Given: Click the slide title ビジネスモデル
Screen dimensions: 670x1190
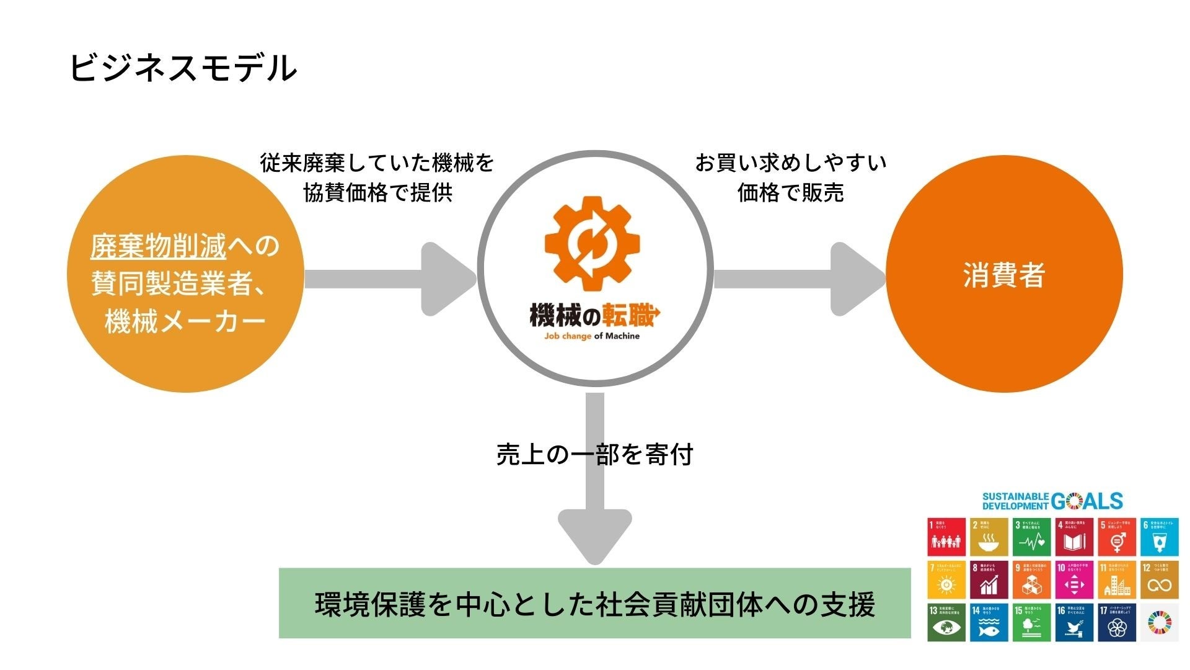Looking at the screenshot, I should click(x=183, y=68).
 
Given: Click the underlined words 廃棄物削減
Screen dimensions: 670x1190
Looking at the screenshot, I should click(x=159, y=247).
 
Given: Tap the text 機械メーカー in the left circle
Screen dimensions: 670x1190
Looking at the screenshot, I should click(x=185, y=321).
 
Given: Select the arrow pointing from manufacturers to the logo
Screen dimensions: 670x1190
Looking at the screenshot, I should click(x=390, y=279).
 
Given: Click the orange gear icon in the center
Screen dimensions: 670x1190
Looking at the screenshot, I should click(x=593, y=244).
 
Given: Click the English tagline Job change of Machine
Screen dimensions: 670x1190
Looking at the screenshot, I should click(x=592, y=336).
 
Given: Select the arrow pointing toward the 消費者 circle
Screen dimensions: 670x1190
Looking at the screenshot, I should click(x=800, y=279).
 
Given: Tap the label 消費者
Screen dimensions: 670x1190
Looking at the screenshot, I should click(x=1004, y=275).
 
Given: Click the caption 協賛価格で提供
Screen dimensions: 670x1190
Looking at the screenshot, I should click(x=378, y=193).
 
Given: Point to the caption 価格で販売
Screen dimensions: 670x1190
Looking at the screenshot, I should click(x=790, y=193).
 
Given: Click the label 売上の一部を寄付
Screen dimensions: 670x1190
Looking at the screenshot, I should click(x=594, y=455).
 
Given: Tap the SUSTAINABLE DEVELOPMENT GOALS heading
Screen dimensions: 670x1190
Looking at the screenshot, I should click(x=1052, y=501).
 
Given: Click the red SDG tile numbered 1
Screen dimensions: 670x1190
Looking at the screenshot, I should click(x=946, y=537).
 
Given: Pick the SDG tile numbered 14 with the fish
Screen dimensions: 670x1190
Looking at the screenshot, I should click(x=989, y=622).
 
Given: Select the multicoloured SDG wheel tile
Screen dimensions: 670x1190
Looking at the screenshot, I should click(x=1159, y=622).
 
